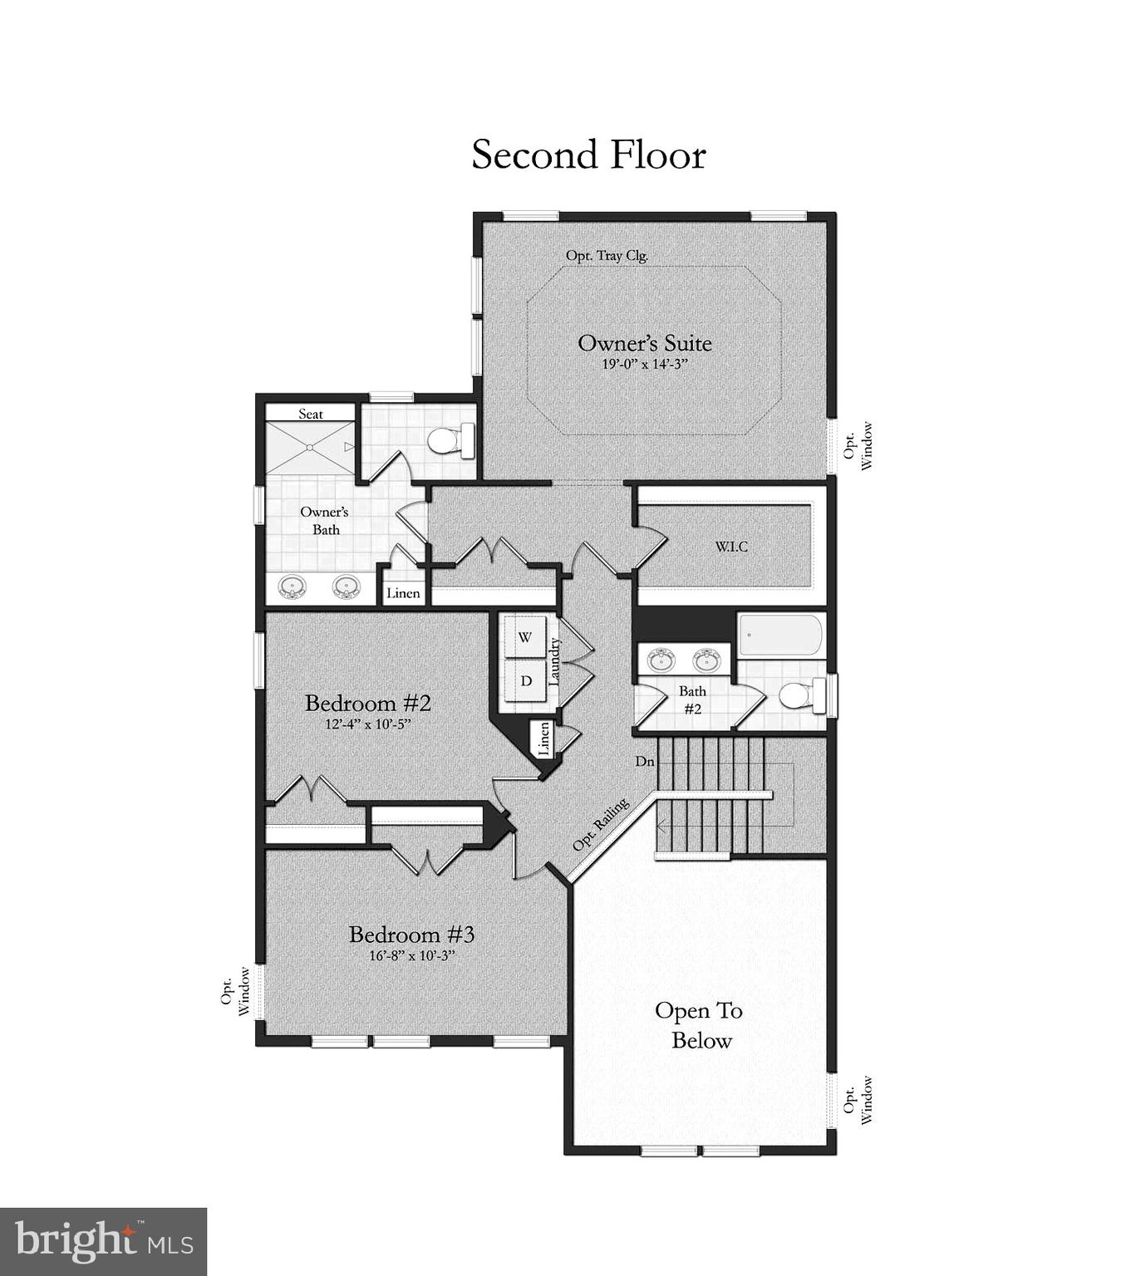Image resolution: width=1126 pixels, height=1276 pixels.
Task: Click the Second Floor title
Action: tap(588, 155)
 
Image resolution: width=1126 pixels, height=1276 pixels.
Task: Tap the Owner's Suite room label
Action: tap(644, 343)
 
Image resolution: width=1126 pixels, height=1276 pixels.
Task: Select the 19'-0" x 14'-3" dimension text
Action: tap(645, 365)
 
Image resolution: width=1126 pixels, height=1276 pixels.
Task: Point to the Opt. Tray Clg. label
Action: tap(607, 256)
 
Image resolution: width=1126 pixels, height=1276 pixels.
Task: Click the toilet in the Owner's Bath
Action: tap(450, 439)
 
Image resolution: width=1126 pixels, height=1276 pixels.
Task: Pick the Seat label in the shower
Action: tap(311, 414)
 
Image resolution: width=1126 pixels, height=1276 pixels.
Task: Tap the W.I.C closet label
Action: tap(731, 547)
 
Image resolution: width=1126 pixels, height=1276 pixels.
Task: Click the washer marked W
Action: tap(525, 638)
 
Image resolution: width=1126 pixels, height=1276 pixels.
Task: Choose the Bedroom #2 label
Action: tap(368, 704)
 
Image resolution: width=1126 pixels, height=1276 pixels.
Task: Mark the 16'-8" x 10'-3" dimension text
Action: tap(412, 956)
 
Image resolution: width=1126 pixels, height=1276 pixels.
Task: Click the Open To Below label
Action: tap(700, 1026)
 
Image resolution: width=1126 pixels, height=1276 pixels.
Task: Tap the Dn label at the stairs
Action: tap(645, 761)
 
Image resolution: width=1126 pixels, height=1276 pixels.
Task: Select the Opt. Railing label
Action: tap(601, 825)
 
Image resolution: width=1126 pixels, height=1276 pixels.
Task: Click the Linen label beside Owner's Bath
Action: tap(403, 593)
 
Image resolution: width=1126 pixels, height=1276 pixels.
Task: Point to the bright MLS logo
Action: tap(103, 1241)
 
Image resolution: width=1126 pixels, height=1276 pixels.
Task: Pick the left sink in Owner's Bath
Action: tap(292, 586)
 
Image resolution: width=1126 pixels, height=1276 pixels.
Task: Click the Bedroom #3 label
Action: tap(411, 935)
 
